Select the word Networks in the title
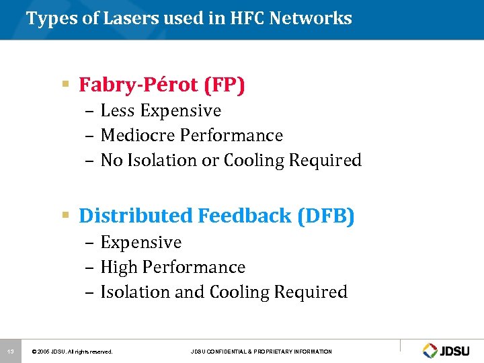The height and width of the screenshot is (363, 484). click(311, 18)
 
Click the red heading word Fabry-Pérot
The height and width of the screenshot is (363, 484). click(138, 85)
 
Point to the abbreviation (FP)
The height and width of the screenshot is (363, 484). click(225, 85)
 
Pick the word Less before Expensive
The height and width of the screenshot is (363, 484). click(116, 110)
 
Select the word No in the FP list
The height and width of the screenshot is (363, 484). click(110, 161)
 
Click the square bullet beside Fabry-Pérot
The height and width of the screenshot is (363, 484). click(66, 85)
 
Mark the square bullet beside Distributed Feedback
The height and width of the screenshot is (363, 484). click(66, 216)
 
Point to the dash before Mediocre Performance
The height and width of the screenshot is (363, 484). click(91, 136)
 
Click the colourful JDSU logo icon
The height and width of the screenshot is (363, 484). click(430, 350)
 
